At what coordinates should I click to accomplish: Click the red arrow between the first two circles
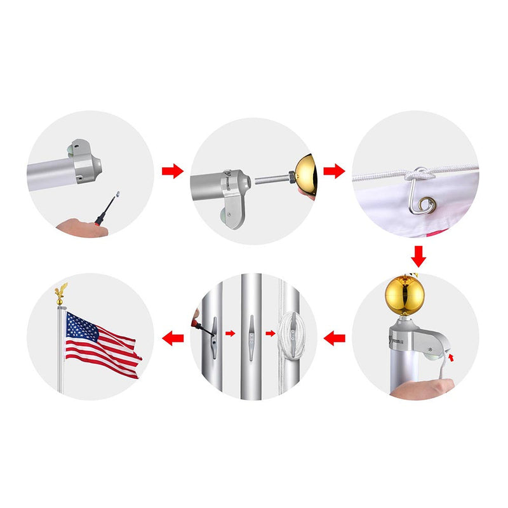[x=172, y=171]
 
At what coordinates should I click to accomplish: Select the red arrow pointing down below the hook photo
[x=417, y=256]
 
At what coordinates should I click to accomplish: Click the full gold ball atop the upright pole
[x=404, y=295]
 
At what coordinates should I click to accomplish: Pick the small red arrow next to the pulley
[x=451, y=360]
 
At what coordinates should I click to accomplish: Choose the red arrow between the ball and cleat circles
[x=334, y=338]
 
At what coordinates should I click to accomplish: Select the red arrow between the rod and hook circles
[x=334, y=171]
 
